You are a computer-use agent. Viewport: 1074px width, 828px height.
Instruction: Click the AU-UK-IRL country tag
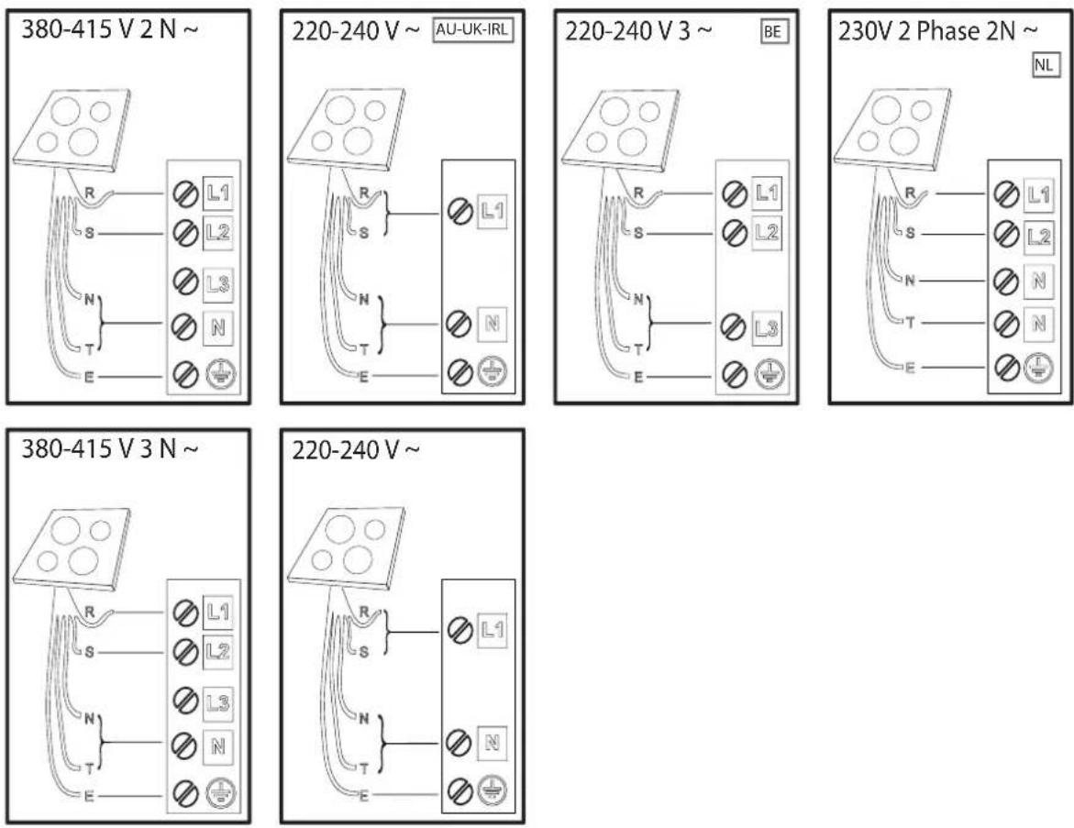click(x=472, y=30)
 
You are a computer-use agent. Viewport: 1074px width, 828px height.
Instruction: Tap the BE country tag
click(x=773, y=31)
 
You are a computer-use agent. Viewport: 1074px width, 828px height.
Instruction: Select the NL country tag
click(x=1045, y=66)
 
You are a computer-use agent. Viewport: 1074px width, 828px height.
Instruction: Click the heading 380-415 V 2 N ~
click(x=109, y=30)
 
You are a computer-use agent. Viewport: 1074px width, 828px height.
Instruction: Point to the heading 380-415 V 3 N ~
click(x=109, y=449)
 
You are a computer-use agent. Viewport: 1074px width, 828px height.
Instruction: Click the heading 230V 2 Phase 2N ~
click(x=937, y=31)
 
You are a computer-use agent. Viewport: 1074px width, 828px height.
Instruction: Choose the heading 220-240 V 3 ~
click(x=638, y=31)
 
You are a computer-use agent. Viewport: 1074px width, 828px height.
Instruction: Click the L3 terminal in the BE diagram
click(x=767, y=329)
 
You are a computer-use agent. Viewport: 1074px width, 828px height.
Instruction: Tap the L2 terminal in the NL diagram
click(x=1038, y=237)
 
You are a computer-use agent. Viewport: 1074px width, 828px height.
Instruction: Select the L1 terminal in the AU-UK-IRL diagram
click(x=493, y=211)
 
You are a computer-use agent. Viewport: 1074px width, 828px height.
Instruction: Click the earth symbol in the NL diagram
click(x=1038, y=368)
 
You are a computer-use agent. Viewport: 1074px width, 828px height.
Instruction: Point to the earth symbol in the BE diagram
click(x=770, y=375)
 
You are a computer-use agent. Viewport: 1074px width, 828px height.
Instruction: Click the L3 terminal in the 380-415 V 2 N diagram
click(x=217, y=283)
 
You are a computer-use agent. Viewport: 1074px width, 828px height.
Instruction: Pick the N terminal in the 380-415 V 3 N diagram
click(x=217, y=746)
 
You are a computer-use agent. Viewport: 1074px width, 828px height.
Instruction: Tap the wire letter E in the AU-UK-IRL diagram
click(x=364, y=377)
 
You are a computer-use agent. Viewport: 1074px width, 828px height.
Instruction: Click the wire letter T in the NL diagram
click(x=911, y=323)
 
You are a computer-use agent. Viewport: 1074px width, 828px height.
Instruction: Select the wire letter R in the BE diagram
click(x=638, y=193)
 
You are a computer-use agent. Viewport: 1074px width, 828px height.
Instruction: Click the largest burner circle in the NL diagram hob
click(x=906, y=141)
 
